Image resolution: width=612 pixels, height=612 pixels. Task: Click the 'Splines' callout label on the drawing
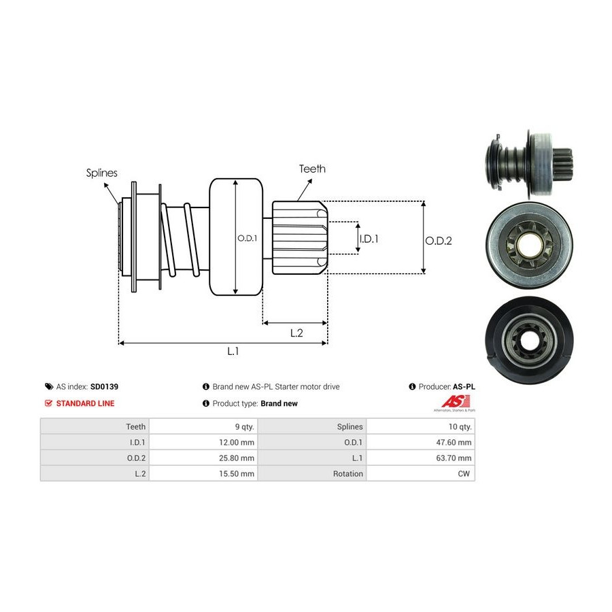(x=102, y=173)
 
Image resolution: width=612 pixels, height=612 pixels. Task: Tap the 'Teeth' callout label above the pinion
(x=312, y=169)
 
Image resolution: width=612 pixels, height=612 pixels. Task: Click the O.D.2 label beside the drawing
(x=439, y=240)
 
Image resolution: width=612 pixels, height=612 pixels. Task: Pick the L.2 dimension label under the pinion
(x=296, y=333)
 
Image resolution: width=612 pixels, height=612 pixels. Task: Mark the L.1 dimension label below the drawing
(x=233, y=351)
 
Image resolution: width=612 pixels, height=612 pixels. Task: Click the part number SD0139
(x=105, y=386)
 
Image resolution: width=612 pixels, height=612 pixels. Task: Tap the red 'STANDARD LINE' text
(x=85, y=403)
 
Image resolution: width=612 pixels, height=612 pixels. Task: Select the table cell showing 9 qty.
(x=241, y=427)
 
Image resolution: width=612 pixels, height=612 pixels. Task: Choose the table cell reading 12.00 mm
(x=238, y=443)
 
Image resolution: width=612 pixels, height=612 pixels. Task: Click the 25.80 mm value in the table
(x=238, y=458)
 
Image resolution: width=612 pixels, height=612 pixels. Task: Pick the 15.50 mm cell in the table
(x=238, y=474)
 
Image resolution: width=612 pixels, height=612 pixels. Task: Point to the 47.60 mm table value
(x=454, y=443)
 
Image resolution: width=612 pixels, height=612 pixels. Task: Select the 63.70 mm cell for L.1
(x=454, y=458)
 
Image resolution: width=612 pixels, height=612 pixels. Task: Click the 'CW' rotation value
(x=465, y=474)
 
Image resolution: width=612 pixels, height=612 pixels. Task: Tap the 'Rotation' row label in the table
(x=347, y=474)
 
